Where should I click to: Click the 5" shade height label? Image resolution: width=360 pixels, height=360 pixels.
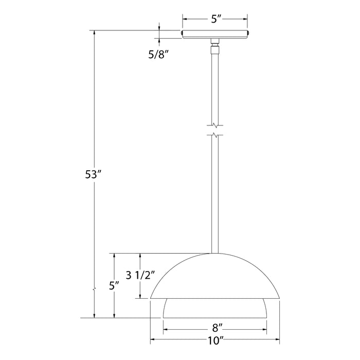coord(114,284)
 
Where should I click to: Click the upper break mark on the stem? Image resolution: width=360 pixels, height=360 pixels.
coord(215,125)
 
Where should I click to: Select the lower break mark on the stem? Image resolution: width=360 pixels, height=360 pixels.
coord(215,136)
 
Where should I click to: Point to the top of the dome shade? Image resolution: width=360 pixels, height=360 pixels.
coord(215,254)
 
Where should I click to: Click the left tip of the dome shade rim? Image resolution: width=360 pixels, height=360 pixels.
coord(151,298)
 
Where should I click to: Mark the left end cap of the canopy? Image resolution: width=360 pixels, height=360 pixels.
coord(183,34)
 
